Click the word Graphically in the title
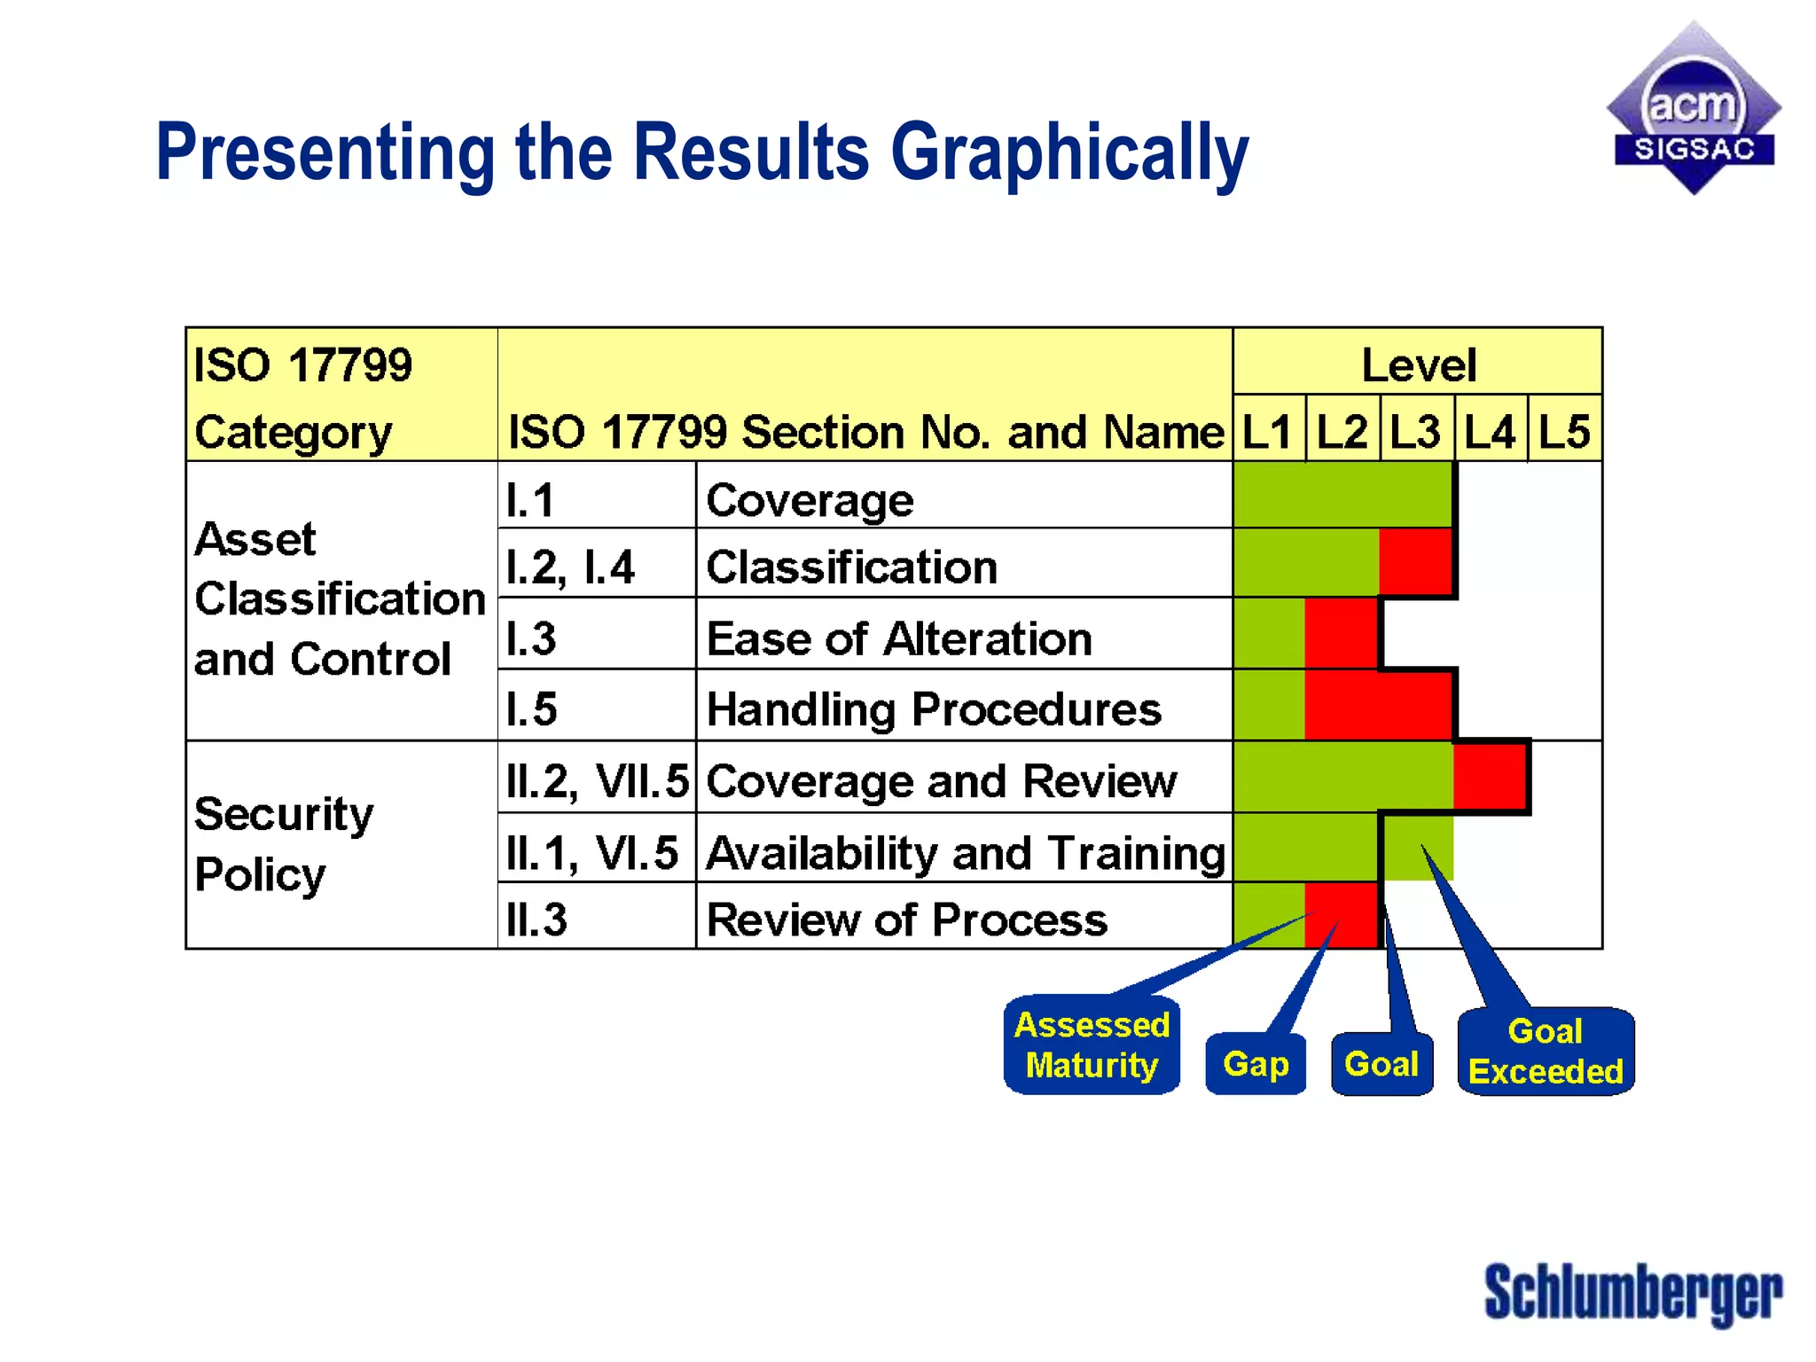tap(1068, 153)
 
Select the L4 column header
tap(1490, 432)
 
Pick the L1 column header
tap(1267, 432)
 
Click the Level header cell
tap(1417, 364)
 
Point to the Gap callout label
tap(1256, 1063)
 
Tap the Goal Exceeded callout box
tap(1546, 1052)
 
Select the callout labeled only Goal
tap(1382, 1063)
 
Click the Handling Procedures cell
tap(934, 708)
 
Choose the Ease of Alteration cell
tap(898, 638)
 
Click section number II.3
tap(537, 920)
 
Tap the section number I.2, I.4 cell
tap(570, 567)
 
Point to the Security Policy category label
tap(284, 843)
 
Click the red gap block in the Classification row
tap(1415, 562)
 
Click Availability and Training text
tap(965, 853)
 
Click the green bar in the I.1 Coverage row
tap(1342, 496)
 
